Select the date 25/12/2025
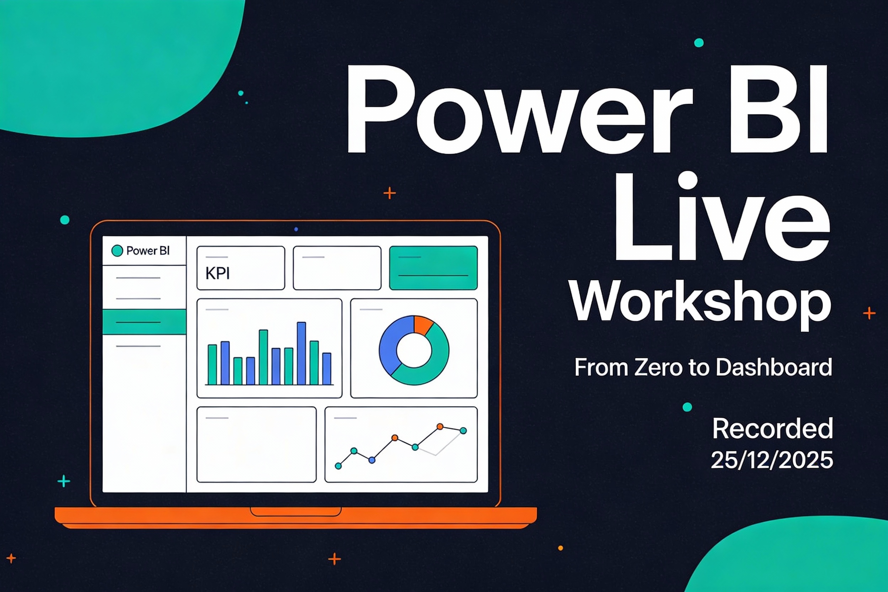click(772, 460)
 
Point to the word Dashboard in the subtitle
click(774, 367)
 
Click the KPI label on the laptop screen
click(217, 273)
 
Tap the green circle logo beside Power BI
click(117, 251)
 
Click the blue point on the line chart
click(372, 460)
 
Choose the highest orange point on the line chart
click(440, 427)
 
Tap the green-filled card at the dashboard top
click(433, 268)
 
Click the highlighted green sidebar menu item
click(144, 322)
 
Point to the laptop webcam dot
click(296, 229)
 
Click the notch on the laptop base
click(296, 512)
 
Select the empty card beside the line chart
click(257, 444)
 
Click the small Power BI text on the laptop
click(148, 251)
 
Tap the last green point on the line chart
click(463, 431)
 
